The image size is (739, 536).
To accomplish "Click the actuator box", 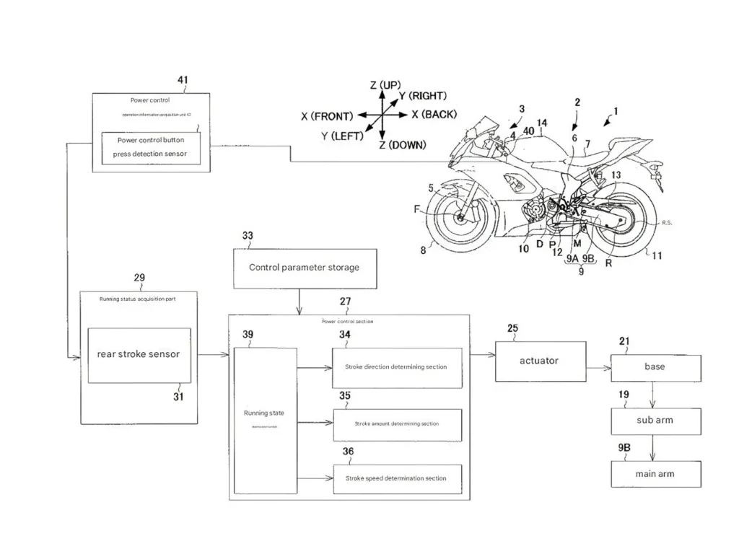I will point(539,361).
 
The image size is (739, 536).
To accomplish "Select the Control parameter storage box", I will point(304,268).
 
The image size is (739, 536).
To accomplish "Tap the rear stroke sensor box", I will point(139,354).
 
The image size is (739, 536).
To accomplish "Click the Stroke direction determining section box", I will point(396,367).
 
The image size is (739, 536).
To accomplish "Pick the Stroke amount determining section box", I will point(396,423).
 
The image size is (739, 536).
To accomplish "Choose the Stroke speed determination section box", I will point(396,478).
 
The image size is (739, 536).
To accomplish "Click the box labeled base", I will point(655,367).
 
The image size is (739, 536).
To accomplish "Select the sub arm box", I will point(655,421).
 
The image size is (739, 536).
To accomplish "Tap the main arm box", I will point(655,474).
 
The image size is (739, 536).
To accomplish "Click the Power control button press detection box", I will point(150,147).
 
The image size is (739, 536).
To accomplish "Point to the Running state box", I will point(266,420).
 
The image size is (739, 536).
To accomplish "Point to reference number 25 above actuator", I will point(512,329).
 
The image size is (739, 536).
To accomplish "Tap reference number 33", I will point(248,236).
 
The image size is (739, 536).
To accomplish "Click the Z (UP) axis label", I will point(385,86).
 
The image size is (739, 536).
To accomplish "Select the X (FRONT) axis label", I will point(327,115).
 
